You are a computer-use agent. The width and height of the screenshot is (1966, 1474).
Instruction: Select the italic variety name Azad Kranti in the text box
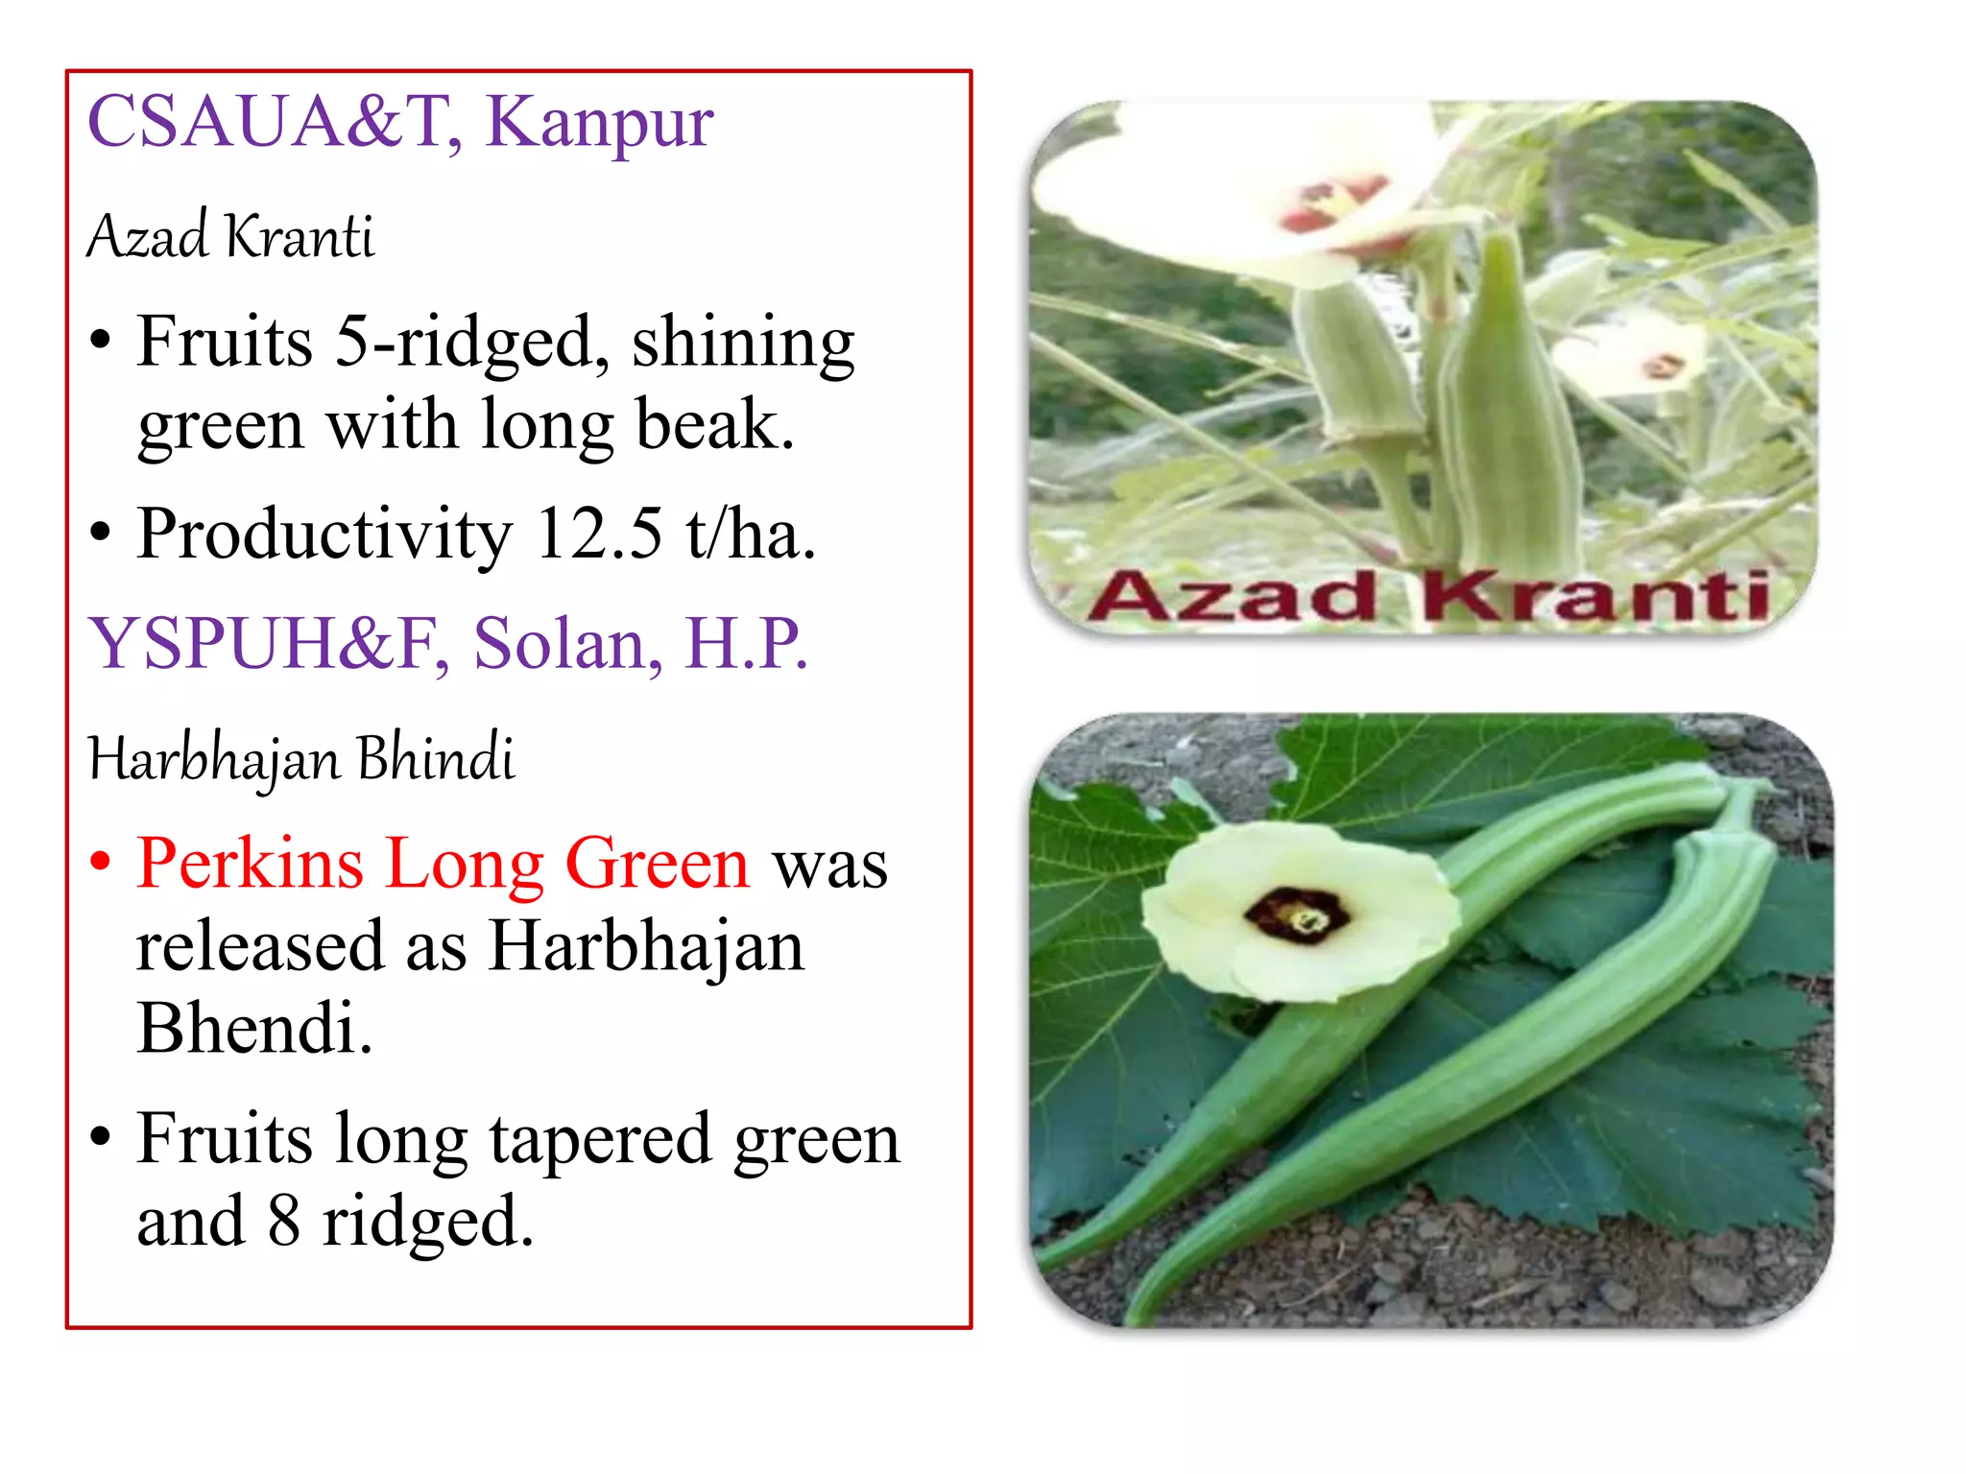coord(230,236)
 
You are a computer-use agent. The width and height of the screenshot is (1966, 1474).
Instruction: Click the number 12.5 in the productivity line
coord(598,534)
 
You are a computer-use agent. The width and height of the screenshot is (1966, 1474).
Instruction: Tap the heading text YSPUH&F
coord(263,644)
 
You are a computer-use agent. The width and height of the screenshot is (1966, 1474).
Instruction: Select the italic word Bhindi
coord(436,758)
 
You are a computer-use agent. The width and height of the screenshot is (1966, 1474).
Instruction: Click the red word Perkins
coord(250,864)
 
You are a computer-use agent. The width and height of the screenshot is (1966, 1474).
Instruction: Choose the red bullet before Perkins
coord(100,862)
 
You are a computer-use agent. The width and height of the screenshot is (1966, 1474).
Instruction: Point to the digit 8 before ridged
coord(284,1222)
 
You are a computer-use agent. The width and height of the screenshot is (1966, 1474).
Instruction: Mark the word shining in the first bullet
coord(742,344)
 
